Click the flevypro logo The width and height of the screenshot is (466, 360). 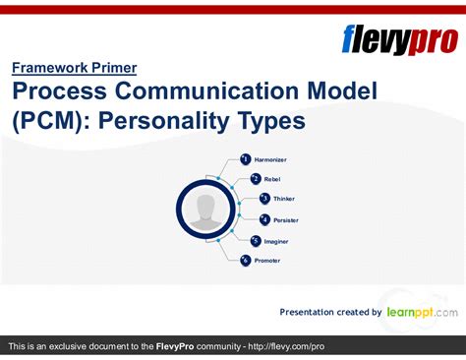coord(398,39)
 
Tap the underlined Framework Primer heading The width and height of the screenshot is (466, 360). coord(75,68)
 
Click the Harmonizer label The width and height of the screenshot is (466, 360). coord(270,159)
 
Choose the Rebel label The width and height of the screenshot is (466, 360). coord(271,179)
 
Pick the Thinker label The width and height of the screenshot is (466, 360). coord(283,199)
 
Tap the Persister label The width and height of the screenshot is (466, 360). coord(285,219)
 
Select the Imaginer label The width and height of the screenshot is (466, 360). coord(276,240)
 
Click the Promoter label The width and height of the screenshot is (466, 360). coord(267,261)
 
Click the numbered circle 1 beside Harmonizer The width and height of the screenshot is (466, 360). coord(246,158)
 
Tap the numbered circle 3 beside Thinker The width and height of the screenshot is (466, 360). coord(264,199)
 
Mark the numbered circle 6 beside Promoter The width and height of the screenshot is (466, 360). coord(246,260)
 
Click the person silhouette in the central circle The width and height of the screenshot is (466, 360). coord(205,210)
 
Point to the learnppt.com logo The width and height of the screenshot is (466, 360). coord(422,312)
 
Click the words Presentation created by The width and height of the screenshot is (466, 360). coord(330,313)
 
